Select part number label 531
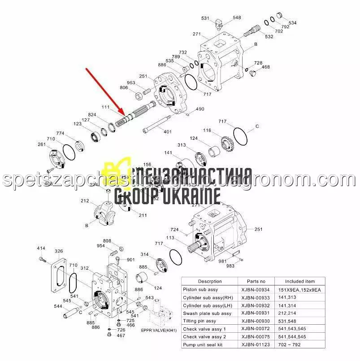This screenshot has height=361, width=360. coord(205,18)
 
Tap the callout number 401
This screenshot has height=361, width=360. coord(167,132)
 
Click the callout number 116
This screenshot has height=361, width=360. coord(207,130)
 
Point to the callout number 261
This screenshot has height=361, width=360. coord(42,144)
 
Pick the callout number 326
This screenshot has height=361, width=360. coord(59,251)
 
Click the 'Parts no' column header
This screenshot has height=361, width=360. coord(256,281)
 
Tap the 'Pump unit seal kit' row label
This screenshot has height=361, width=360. coord(204,345)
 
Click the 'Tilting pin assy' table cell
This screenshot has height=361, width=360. coord(200,321)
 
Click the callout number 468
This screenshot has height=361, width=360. coord(266,67)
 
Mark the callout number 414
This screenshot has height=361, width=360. coord(41,248)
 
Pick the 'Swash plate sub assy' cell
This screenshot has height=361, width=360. coord(207,313)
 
